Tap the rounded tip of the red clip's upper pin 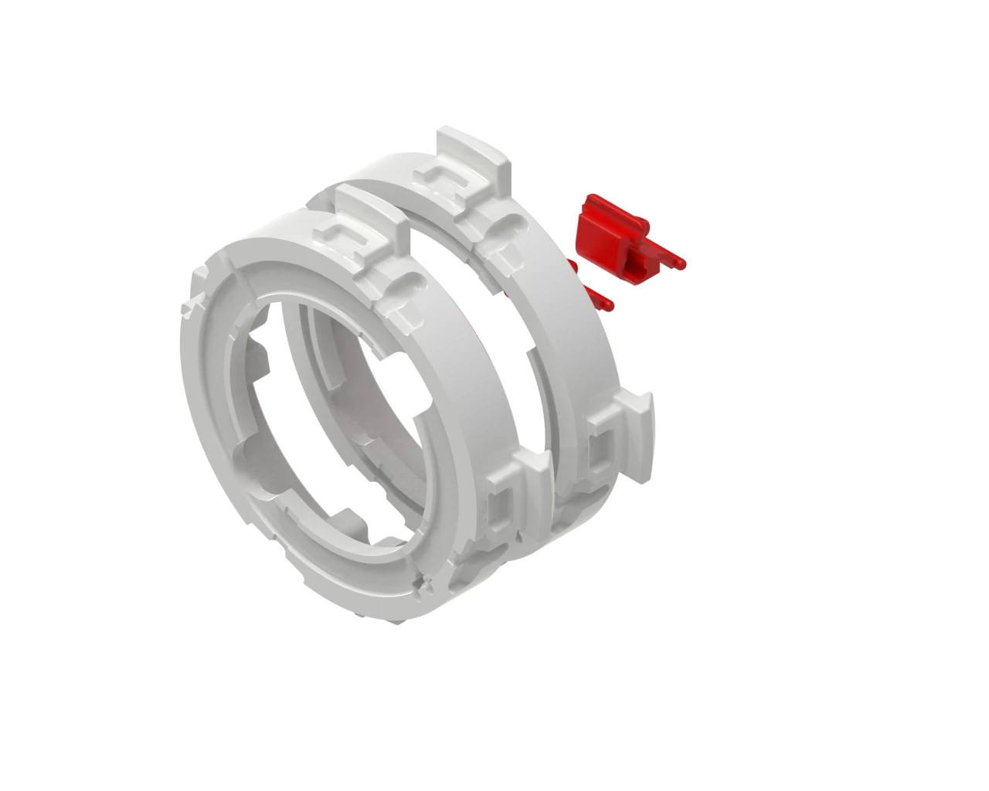point(681,262)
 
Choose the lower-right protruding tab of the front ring point(532,470)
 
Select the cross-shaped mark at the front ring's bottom point(421,586)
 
